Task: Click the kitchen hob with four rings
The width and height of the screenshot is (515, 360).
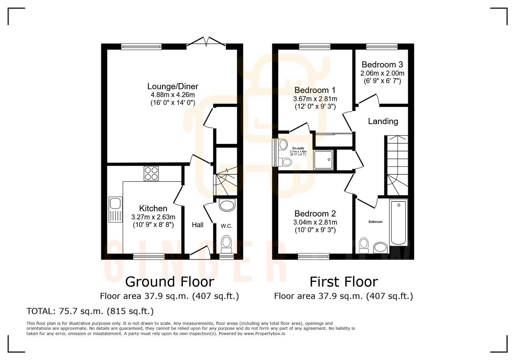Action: (x=151, y=173)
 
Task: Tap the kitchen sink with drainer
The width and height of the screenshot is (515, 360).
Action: (x=116, y=209)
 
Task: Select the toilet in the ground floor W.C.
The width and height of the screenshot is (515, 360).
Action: (x=227, y=244)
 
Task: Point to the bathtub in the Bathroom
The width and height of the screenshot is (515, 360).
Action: (x=398, y=222)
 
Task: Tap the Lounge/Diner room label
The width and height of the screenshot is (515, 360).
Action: (x=173, y=86)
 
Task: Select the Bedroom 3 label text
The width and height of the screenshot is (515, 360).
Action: (x=382, y=65)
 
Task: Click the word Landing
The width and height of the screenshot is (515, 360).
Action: (x=383, y=121)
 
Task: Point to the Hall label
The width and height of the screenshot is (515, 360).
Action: (x=197, y=225)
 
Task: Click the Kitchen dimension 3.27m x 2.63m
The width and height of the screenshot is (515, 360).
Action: (x=153, y=217)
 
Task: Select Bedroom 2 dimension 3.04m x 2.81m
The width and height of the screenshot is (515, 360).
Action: (x=315, y=222)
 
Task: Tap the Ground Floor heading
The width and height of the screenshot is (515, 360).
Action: (x=170, y=282)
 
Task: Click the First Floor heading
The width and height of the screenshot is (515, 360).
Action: (x=343, y=282)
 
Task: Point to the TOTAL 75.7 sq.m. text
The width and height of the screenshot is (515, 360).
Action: (x=90, y=311)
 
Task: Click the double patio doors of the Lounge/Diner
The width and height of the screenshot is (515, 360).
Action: (x=206, y=42)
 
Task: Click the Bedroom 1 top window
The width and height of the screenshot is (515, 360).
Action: (x=314, y=47)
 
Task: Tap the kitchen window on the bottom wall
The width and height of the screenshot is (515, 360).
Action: (x=149, y=256)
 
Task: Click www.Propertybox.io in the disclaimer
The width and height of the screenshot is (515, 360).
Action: (x=264, y=334)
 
